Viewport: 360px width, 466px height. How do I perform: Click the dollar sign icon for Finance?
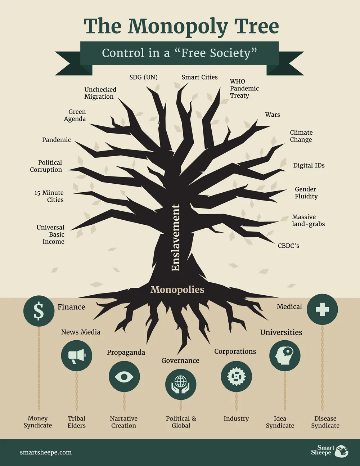tap(39, 311)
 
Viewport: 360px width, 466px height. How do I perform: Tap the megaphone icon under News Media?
tap(76, 356)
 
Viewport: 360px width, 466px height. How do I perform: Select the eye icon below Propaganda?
tap(124, 377)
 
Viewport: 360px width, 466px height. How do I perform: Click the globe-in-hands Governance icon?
tap(181, 384)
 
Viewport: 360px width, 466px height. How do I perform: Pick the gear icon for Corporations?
tap(236, 377)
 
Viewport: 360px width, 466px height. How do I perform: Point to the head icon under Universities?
tap(285, 356)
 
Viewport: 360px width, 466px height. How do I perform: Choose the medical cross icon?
tap(322, 309)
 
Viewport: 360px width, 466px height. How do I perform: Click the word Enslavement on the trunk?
tap(175, 238)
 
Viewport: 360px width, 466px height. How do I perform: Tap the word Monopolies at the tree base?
tap(177, 290)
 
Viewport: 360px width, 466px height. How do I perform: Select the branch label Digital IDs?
tap(309, 166)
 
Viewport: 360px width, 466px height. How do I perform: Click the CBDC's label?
tap(288, 246)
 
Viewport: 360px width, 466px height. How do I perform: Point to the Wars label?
tap(272, 115)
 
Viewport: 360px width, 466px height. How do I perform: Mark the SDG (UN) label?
tap(143, 77)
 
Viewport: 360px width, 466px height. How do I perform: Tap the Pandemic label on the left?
tap(57, 140)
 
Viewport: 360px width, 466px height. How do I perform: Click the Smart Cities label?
tap(199, 77)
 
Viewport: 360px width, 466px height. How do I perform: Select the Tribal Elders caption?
tap(77, 422)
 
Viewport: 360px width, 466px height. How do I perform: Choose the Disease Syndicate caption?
tap(325, 422)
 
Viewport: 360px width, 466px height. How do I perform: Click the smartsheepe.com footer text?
tap(46, 453)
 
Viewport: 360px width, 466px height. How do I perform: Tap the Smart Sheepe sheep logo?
tap(341, 451)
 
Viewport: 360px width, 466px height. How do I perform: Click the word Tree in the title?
tap(256, 26)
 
